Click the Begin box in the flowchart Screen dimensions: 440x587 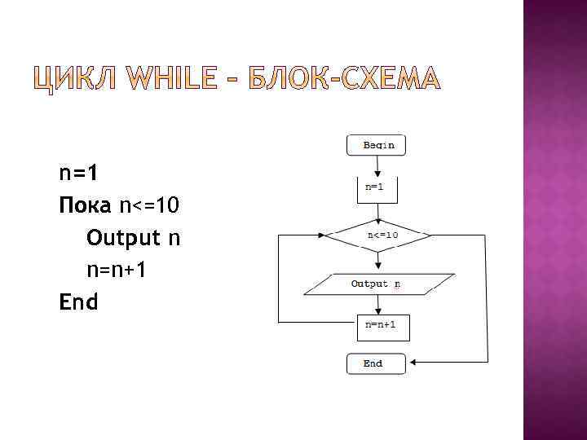tap(376, 145)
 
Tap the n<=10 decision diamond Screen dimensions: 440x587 tap(379, 235)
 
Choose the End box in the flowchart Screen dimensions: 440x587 tap(375, 363)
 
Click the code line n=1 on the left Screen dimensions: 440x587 tap(78, 173)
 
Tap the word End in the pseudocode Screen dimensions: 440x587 tap(78, 302)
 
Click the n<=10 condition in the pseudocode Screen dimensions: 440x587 tap(148, 205)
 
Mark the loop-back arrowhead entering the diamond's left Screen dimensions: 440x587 tap(322, 235)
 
